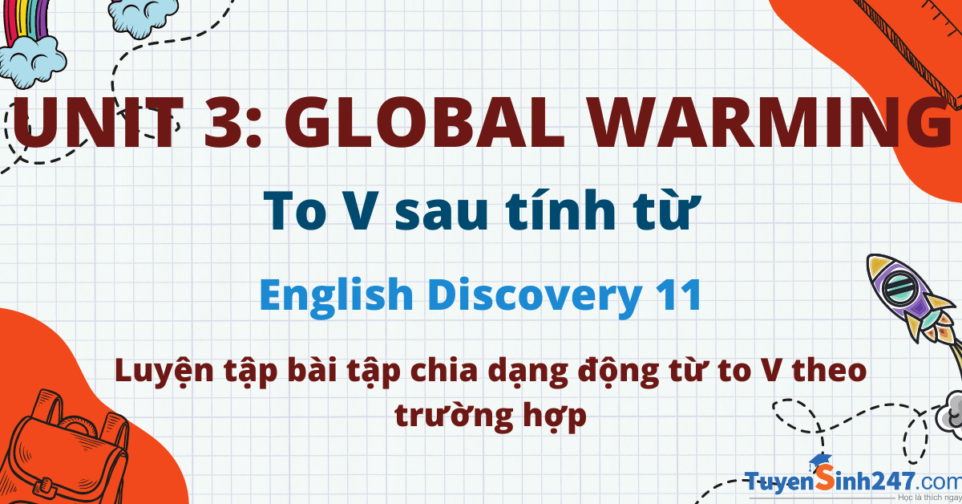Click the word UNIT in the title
click(98, 123)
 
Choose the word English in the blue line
click(336, 296)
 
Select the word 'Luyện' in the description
click(164, 372)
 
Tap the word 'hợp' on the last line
click(555, 416)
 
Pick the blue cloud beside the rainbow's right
click(143, 17)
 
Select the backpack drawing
click(64, 452)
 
